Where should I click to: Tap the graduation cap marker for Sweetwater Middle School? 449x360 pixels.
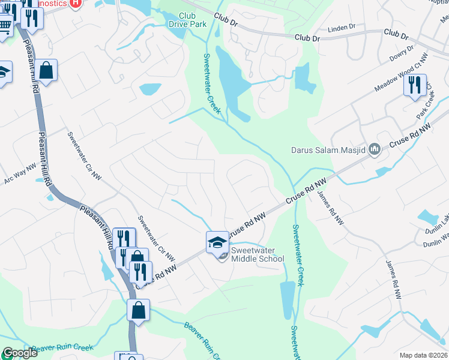coord(217,242)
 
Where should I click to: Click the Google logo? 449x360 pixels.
coord(19,353)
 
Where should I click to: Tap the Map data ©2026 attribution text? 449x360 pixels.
coord(423,355)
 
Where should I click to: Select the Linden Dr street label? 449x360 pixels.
coord(342,28)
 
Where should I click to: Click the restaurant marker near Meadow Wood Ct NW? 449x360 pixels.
coord(415,85)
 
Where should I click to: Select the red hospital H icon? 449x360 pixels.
coord(75,3)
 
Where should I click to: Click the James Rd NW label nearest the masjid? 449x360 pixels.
coord(330,208)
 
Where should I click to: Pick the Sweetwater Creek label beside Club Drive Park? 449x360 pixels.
coord(211,83)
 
